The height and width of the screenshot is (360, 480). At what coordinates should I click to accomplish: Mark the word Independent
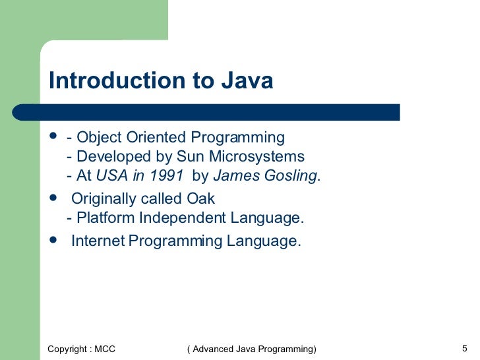click(x=179, y=218)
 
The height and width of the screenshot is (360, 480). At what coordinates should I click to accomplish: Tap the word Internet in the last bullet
click(x=98, y=241)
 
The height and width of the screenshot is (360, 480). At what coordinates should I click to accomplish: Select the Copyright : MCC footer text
click(x=81, y=348)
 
